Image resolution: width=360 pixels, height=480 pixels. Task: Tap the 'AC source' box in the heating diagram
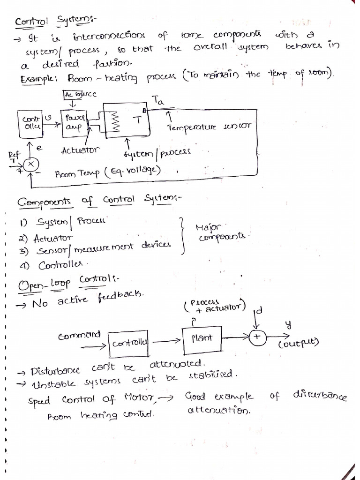click(x=80, y=95)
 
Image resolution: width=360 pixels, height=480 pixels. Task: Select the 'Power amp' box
click(x=73, y=123)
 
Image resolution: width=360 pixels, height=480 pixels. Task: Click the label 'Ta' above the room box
click(x=158, y=100)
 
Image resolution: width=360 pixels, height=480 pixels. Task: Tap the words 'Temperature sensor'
click(x=210, y=126)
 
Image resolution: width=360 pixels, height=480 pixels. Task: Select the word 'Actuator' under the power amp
click(x=80, y=150)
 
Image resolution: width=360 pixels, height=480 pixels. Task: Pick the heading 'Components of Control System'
click(x=98, y=202)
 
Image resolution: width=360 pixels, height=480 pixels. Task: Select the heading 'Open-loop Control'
click(x=68, y=282)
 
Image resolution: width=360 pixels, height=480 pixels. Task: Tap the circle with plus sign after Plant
click(x=257, y=337)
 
